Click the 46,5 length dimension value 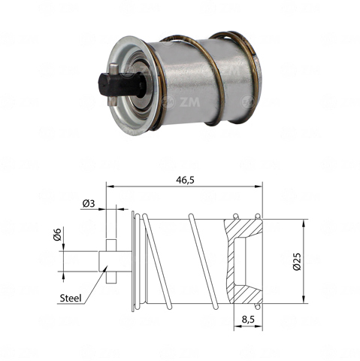coord(185,180)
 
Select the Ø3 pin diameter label coord(89,203)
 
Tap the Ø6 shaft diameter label coord(57,235)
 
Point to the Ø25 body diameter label coord(297,262)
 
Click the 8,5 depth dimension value coord(248,320)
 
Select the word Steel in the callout coord(71,298)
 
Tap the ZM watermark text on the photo coord(189,102)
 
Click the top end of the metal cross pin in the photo coord(113,68)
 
